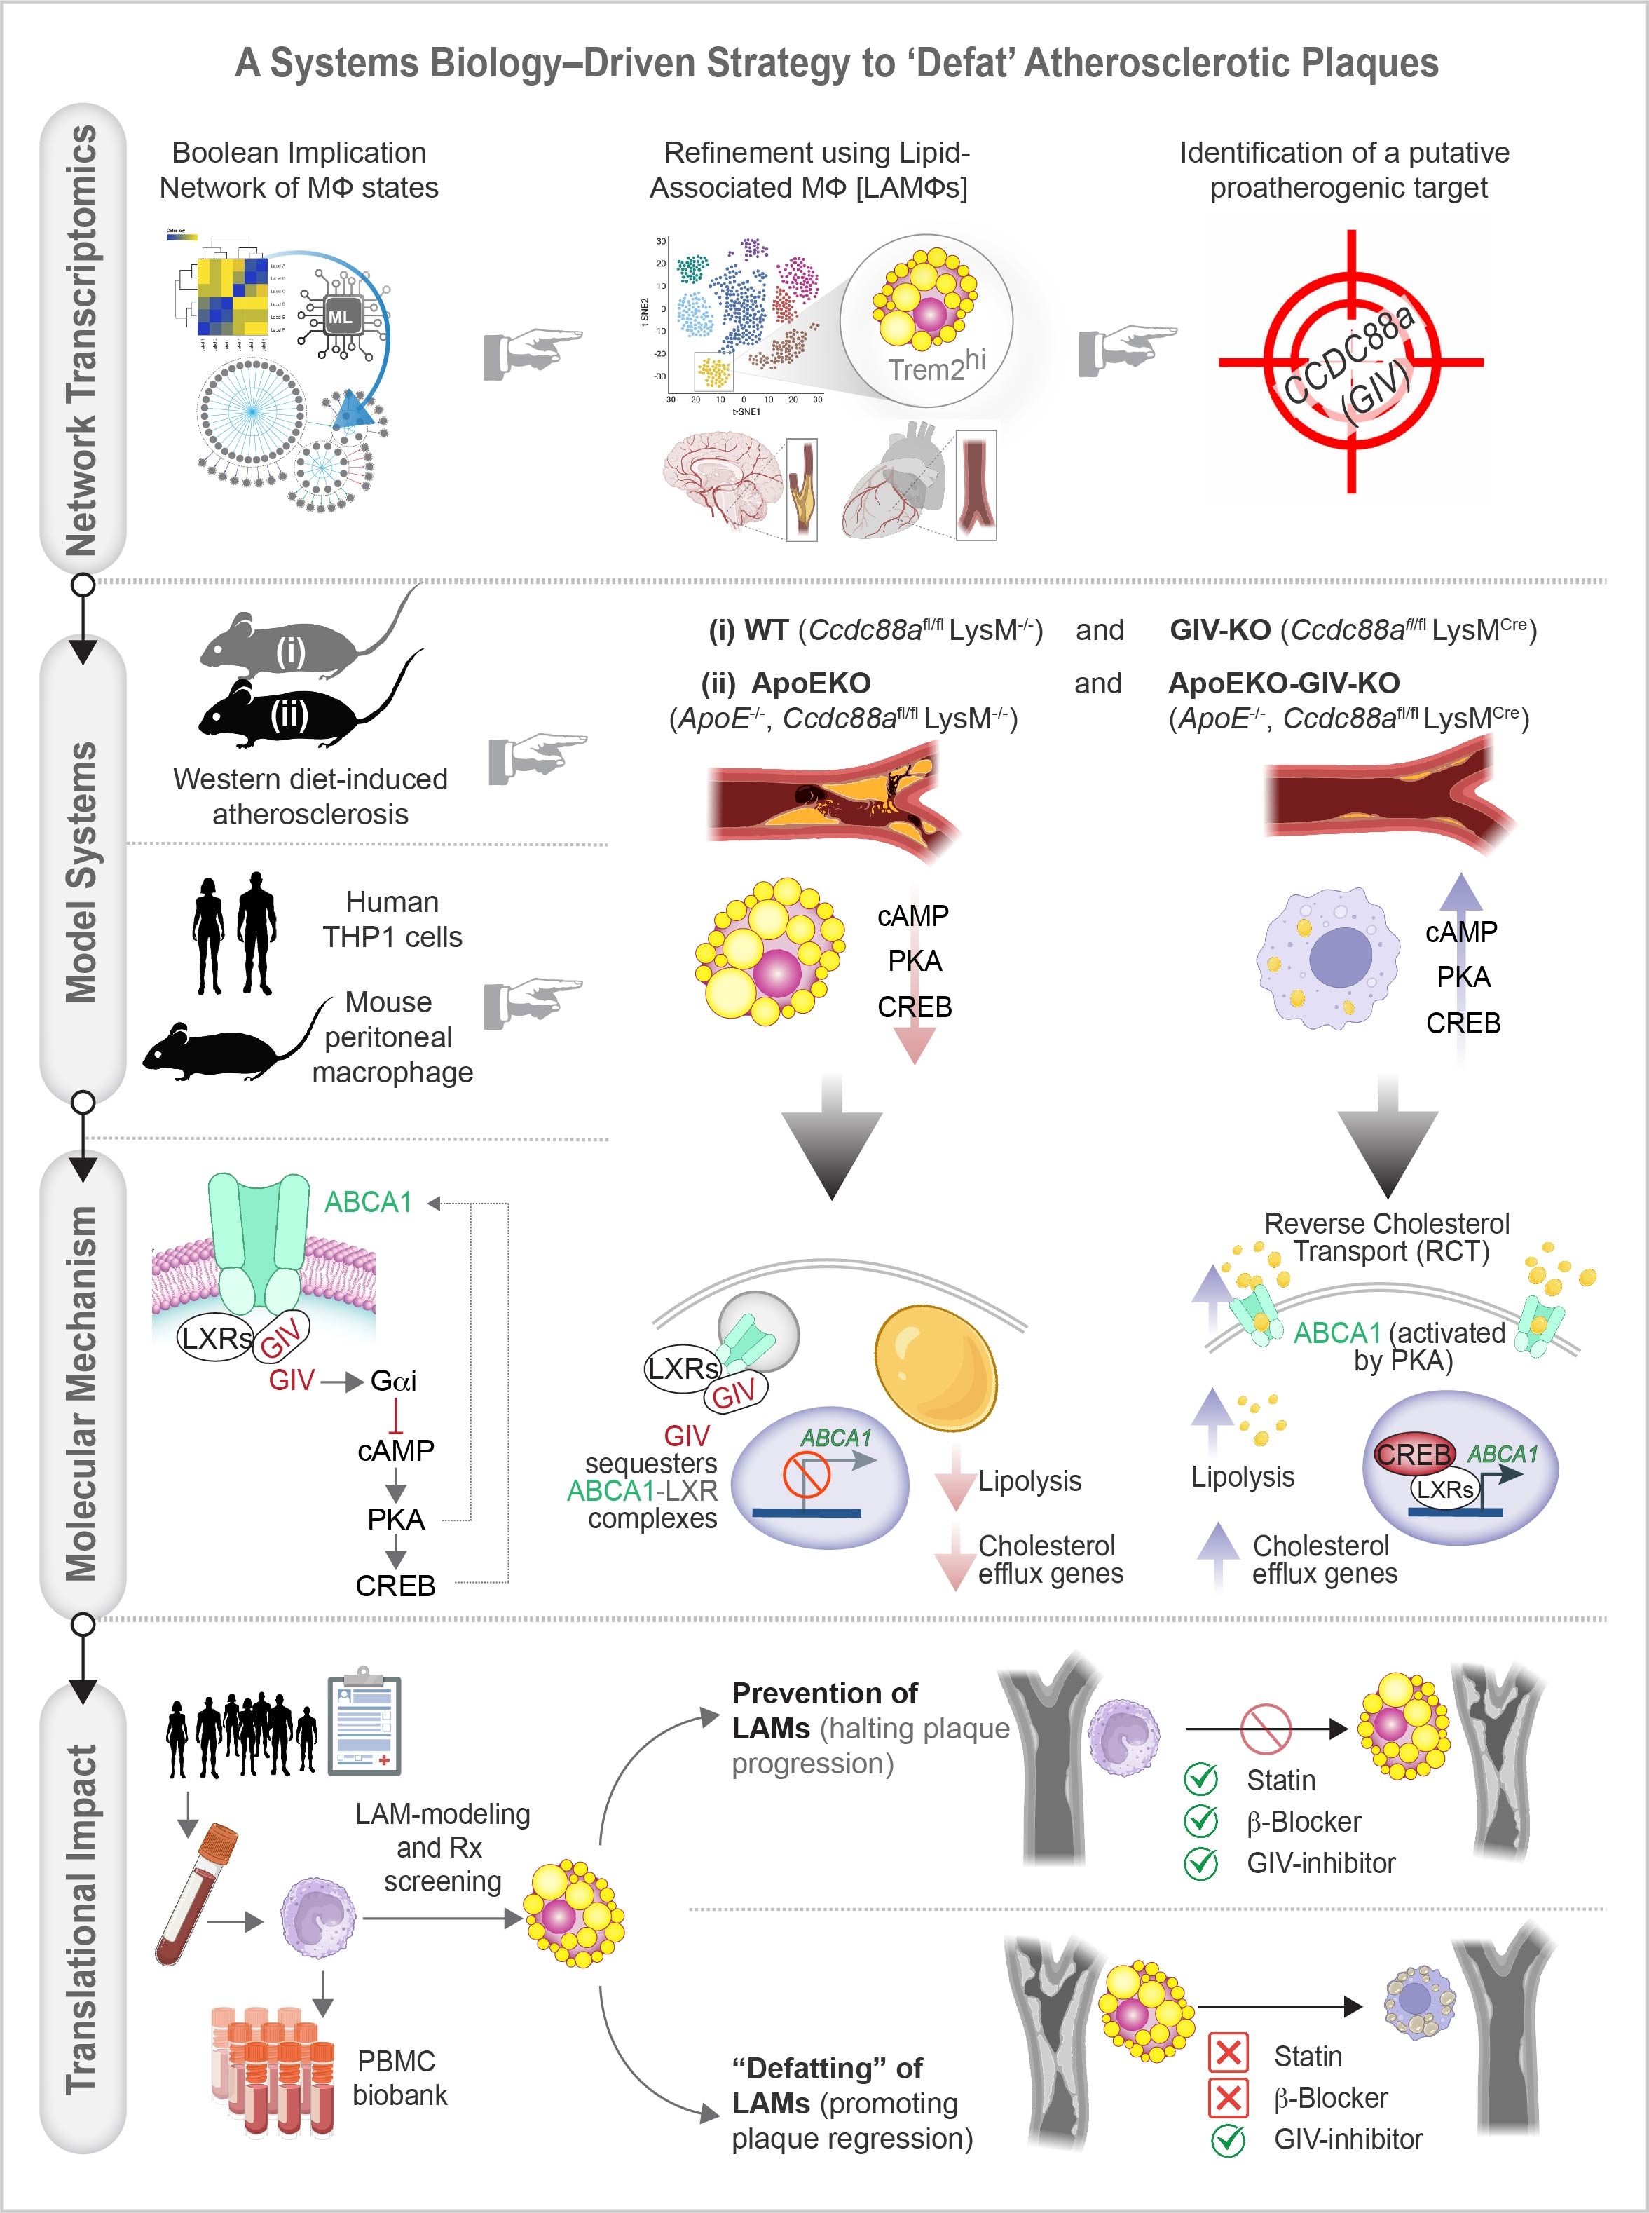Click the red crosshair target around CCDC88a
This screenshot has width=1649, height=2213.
pyautogui.click(x=1350, y=361)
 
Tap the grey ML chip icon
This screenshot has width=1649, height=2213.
pyautogui.click(x=341, y=318)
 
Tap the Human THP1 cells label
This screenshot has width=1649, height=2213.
pyautogui.click(x=392, y=920)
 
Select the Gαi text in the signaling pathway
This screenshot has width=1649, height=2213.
pyautogui.click(x=393, y=1380)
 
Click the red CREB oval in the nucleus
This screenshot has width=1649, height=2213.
pyautogui.click(x=1414, y=1455)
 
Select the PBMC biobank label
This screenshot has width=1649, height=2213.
pyautogui.click(x=399, y=2078)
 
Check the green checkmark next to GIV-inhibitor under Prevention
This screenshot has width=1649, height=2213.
pyautogui.click(x=1200, y=1863)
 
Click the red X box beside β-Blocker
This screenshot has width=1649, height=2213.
pyautogui.click(x=1228, y=2097)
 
